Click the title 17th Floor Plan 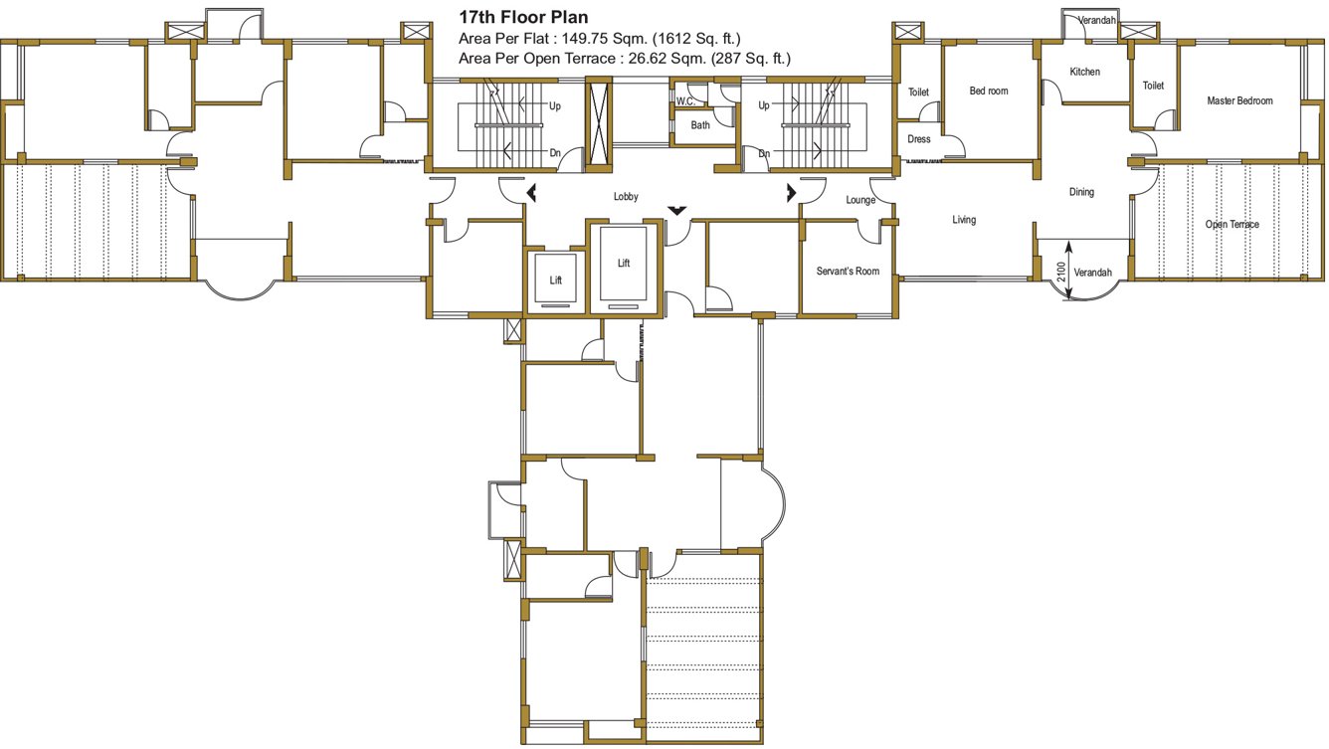522,17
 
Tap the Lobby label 626,197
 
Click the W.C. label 685,101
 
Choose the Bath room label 700,125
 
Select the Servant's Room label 848,271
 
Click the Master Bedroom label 1239,100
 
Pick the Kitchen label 1084,72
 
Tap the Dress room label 919,139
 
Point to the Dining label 1081,192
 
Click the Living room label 964,220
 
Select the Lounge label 860,200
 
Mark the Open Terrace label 1232,225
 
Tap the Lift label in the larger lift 624,264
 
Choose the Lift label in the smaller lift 556,281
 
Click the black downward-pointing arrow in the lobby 676,210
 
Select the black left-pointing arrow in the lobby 531,192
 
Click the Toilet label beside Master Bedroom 1153,87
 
